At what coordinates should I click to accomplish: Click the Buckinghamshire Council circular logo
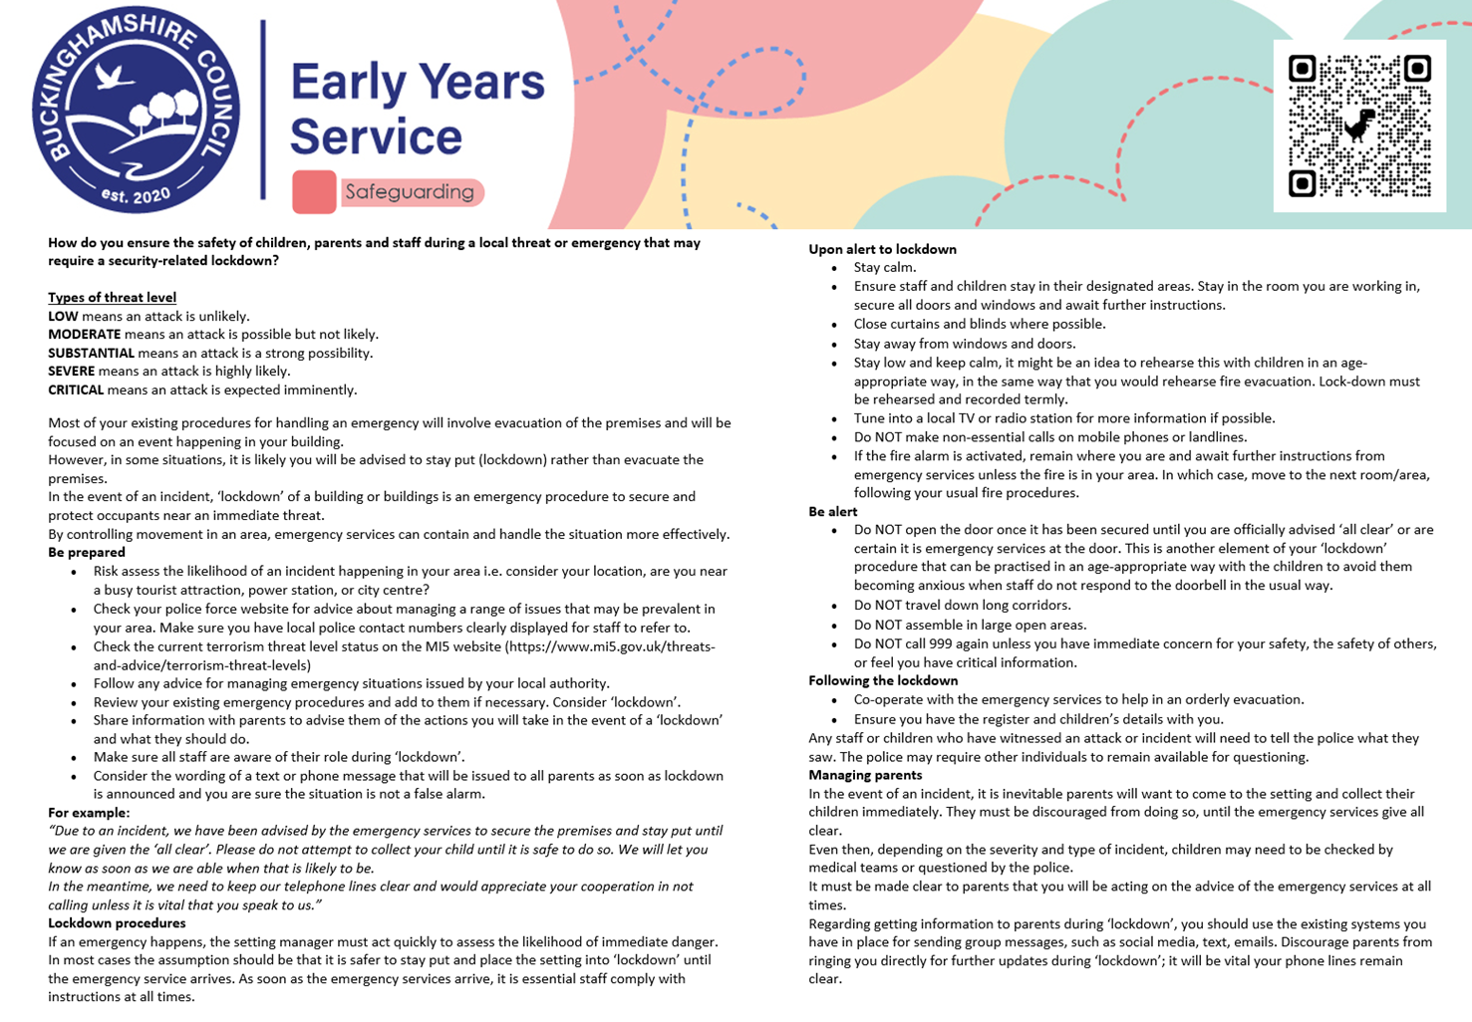[x=136, y=112]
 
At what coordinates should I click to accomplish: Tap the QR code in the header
[x=1359, y=126]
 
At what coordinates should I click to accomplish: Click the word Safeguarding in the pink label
[x=410, y=192]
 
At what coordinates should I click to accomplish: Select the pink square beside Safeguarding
[x=314, y=192]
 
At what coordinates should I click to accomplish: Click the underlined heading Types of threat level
[x=112, y=298]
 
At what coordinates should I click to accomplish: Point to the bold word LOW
[x=63, y=317]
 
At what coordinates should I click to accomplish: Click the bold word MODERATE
[x=84, y=335]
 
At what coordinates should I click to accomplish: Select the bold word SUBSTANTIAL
[x=91, y=354]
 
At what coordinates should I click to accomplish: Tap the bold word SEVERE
[x=71, y=372]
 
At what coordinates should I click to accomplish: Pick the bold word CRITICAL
[x=76, y=390]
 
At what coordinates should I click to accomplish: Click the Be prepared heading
[x=87, y=553]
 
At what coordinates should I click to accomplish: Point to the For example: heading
[x=89, y=813]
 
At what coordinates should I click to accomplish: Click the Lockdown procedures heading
[x=117, y=923]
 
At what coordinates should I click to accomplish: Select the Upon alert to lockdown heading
[x=882, y=249]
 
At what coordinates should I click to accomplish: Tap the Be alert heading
[x=832, y=512]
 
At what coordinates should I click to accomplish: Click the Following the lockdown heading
[x=883, y=681]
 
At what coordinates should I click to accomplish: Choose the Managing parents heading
[x=865, y=775]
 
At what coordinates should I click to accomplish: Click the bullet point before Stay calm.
[x=834, y=269]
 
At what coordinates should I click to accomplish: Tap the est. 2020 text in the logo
[x=136, y=193]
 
